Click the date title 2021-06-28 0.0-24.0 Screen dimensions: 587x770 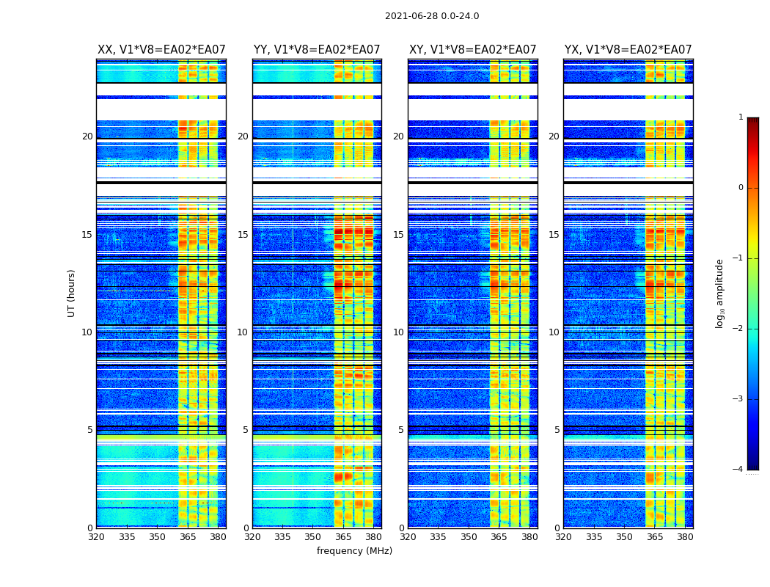tap(432, 16)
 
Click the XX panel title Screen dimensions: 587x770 tap(161, 50)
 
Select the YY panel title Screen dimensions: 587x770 tap(317, 50)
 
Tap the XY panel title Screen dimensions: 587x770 tap(472, 50)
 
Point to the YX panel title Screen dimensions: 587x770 tap(628, 50)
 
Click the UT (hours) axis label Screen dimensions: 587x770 tap(72, 293)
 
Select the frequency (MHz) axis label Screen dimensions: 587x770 tap(354, 551)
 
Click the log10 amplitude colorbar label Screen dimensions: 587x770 tap(720, 293)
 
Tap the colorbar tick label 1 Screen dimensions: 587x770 tap(741, 117)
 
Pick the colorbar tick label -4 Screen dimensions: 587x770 tap(739, 470)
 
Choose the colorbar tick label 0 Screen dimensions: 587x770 tap(741, 188)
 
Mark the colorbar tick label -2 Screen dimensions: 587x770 tap(739, 329)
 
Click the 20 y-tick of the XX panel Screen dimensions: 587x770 tap(87, 136)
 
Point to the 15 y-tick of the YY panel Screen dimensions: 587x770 tap(243, 235)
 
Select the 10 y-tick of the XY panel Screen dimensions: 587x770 tap(398, 332)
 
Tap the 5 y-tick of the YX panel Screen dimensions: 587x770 tap(557, 430)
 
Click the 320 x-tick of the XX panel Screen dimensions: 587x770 tap(97, 537)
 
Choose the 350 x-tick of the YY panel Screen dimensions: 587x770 tap(313, 537)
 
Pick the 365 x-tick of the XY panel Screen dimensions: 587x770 tap(499, 537)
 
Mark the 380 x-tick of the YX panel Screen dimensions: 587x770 tap(685, 537)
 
